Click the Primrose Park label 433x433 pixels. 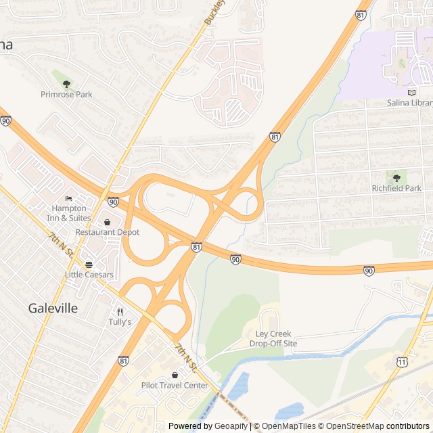pos(66,95)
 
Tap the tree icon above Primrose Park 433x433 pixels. pos(66,84)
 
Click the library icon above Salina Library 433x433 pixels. pos(411,92)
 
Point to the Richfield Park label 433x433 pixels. pos(396,189)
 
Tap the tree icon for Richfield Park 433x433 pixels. pos(396,178)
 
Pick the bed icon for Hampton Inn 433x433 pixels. pos(68,198)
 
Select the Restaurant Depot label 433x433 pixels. pos(107,232)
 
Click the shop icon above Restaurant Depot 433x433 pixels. pos(107,221)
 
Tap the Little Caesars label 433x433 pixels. pos(89,275)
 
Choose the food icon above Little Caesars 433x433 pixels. pos(89,264)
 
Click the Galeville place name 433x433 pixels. pos(53,308)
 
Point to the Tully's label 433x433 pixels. pos(120,322)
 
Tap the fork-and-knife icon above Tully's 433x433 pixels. pos(120,312)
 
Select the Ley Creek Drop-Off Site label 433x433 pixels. pos(273,339)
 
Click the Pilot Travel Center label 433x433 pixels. pos(175,386)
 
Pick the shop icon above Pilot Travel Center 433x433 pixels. pos(175,375)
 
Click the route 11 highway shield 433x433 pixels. pos(403,363)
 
